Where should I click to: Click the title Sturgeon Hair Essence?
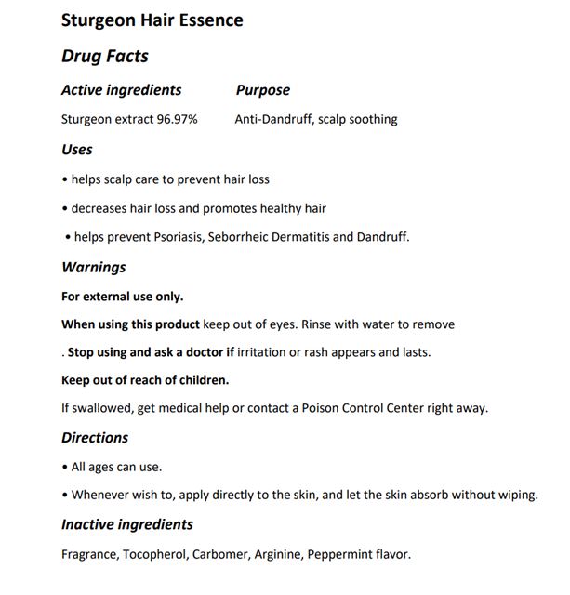(x=152, y=20)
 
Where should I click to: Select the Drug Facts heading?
(x=104, y=56)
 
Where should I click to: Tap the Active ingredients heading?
(x=121, y=90)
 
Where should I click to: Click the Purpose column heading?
(x=262, y=90)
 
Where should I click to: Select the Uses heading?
(x=76, y=149)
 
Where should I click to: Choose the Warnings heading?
(x=93, y=267)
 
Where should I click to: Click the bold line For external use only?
(x=122, y=297)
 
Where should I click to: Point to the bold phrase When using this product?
(x=130, y=324)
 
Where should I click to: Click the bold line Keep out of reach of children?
(x=145, y=379)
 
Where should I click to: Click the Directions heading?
(x=95, y=437)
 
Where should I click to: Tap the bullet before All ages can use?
(x=64, y=468)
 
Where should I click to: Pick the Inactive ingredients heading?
(x=126, y=524)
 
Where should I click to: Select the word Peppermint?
(x=344, y=555)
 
